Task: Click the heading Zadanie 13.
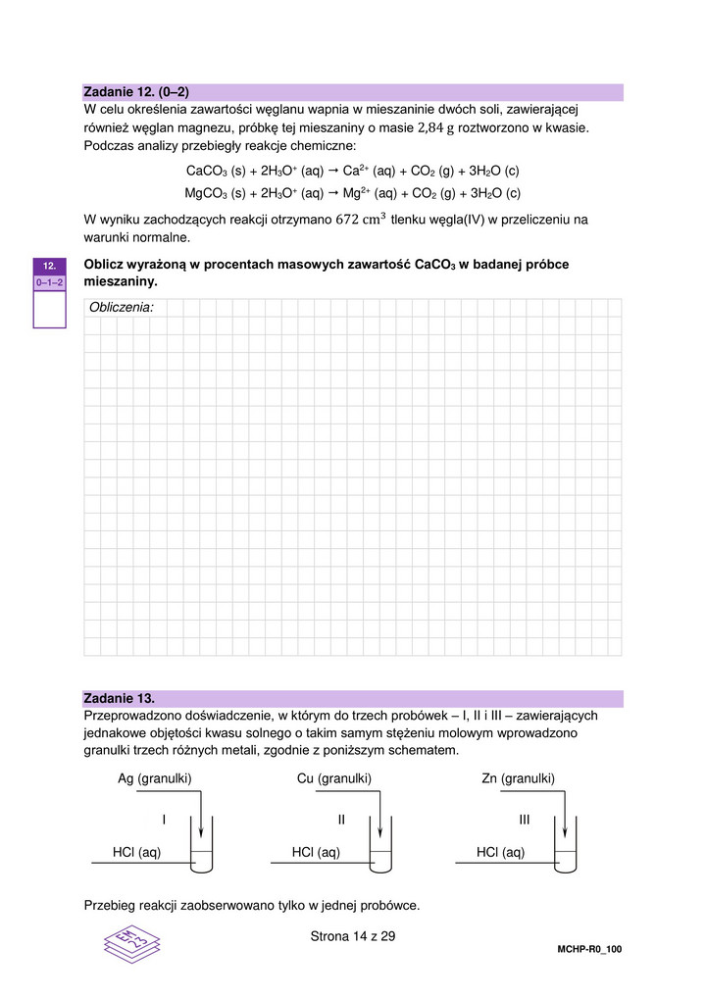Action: [x=120, y=699]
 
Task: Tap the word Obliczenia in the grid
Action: [x=122, y=308]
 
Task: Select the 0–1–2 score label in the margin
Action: [x=49, y=282]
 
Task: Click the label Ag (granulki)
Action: [x=154, y=778]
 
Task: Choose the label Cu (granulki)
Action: [x=333, y=778]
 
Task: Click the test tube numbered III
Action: [x=567, y=845]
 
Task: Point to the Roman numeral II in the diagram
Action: [x=342, y=819]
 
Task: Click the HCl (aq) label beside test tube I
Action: [x=136, y=853]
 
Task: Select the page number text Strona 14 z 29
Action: [x=352, y=936]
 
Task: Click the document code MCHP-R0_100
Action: [x=589, y=950]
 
